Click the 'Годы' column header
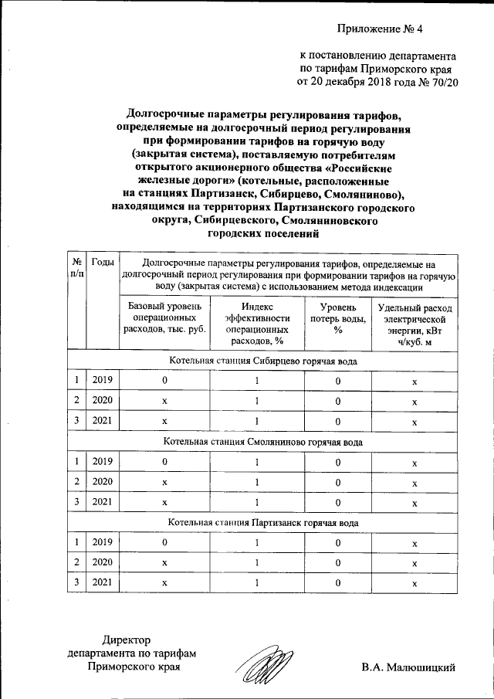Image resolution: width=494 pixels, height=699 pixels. [x=103, y=263]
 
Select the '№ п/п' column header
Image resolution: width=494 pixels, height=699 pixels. [x=77, y=268]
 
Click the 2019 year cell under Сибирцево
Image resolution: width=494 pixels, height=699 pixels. [x=103, y=381]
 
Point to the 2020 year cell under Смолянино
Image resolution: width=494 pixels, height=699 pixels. [x=103, y=482]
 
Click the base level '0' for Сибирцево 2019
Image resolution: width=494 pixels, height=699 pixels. [x=164, y=381]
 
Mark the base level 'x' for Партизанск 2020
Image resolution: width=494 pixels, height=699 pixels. [x=164, y=563]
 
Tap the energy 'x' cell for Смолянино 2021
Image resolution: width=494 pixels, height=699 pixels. [x=414, y=503]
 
